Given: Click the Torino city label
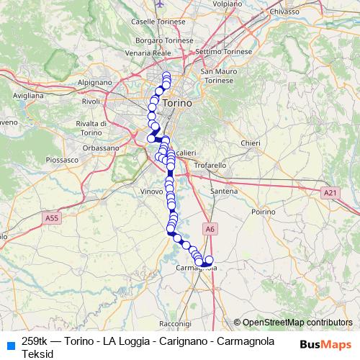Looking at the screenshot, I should point(178,104).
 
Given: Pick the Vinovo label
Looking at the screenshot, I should point(151,192).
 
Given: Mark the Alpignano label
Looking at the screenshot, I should point(94,83).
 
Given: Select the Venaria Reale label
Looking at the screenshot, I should point(148,53).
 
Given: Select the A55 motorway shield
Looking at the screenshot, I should point(51,217).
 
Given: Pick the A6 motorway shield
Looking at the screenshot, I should point(210,229).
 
